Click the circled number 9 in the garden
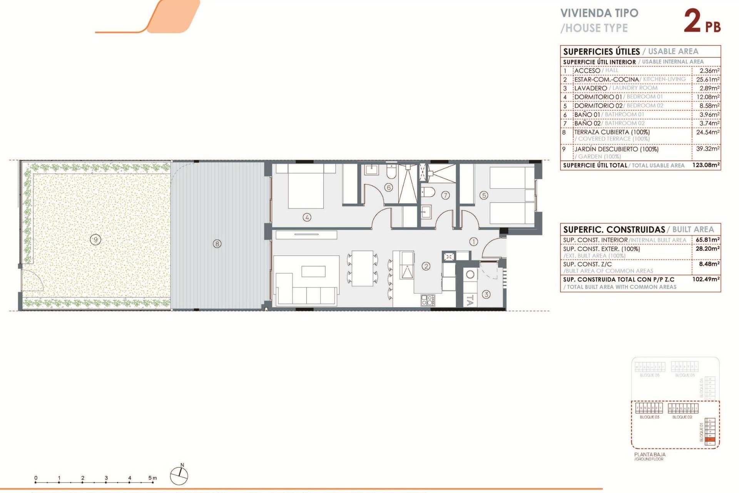coord(95,240)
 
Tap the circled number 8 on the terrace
coord(217,243)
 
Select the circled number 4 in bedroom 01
coord(307,217)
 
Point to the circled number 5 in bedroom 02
coord(484,195)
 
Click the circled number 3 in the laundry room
coord(486,294)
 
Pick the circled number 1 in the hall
coord(473,241)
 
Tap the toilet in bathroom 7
coord(428,192)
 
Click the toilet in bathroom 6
coord(391,173)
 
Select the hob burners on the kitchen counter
coord(428,300)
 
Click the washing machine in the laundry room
coord(470,275)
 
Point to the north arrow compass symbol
coord(179,475)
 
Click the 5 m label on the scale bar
coord(152,478)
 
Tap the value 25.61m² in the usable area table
coord(707,79)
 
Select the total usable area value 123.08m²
coord(706,165)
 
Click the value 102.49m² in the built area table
coord(706,279)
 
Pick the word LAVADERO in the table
coord(590,88)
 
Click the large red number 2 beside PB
coord(692,21)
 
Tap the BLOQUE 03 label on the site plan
coord(649,417)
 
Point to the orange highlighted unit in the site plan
coord(711,440)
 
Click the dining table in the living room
coord(363,268)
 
